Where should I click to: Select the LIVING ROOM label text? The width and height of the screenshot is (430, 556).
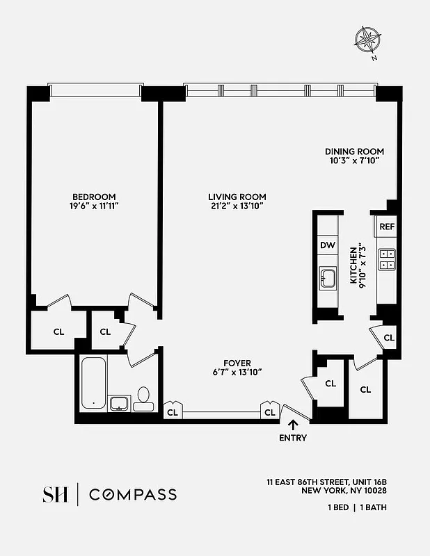(237, 197)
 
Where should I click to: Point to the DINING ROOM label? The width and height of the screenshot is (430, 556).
(354, 152)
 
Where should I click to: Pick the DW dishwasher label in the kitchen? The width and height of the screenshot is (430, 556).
(327, 245)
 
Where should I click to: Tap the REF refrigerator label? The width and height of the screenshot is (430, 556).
(387, 227)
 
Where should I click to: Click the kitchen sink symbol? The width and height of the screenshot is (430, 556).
(327, 278)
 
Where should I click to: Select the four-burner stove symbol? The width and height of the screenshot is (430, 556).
(387, 259)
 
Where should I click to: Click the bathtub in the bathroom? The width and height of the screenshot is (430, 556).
(93, 384)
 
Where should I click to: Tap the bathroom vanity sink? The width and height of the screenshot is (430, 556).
(119, 403)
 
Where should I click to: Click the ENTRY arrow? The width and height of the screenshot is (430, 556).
(292, 425)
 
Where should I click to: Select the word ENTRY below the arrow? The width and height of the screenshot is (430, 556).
(292, 438)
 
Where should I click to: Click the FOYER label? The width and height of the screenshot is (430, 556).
(237, 363)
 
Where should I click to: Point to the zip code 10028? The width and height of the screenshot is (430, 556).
(373, 491)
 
